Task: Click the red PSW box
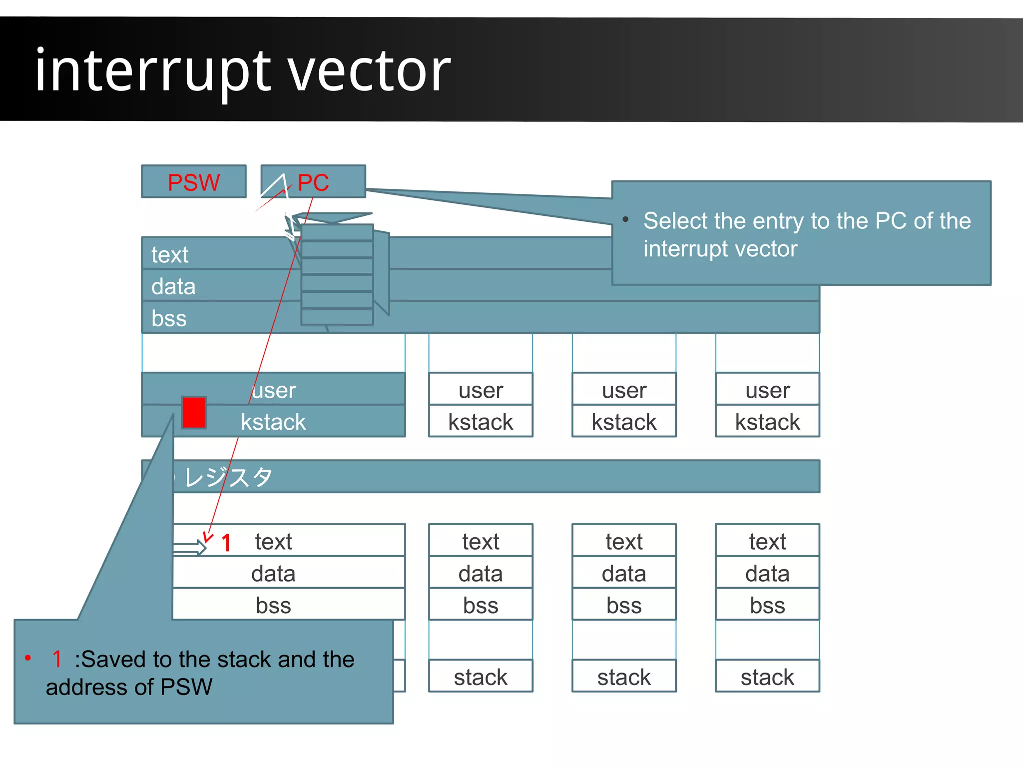194,182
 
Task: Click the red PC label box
313,182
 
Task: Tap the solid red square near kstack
194,413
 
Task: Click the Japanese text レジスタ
228,477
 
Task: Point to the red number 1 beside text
226,543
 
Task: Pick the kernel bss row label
169,318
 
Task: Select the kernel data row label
173,286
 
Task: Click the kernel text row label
170,255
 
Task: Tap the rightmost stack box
767,677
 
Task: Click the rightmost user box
767,390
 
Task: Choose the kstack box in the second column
481,422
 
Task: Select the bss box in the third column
624,605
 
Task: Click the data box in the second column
481,573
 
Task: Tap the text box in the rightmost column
767,541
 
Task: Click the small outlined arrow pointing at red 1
190,549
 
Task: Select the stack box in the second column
481,677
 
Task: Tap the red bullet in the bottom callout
28,658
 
